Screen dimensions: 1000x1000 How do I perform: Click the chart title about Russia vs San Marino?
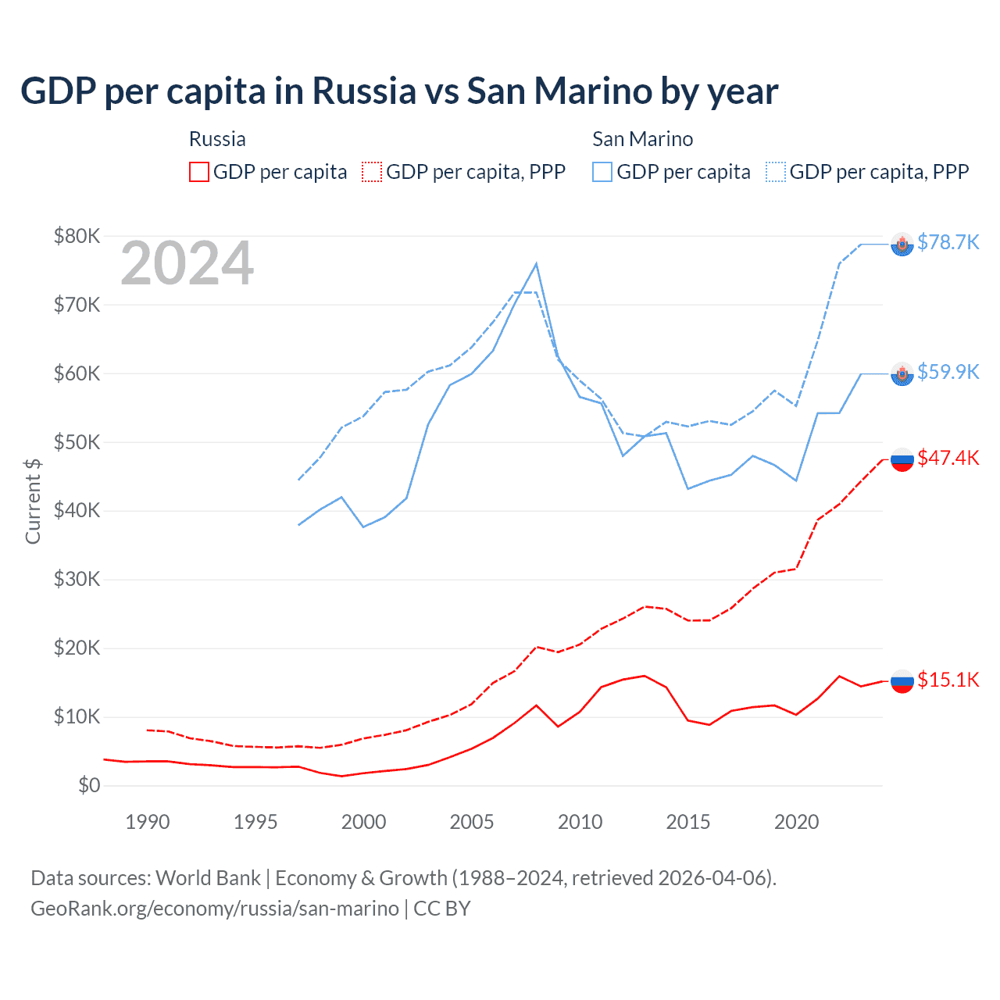(399, 91)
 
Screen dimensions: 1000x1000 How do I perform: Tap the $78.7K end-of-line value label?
(948, 242)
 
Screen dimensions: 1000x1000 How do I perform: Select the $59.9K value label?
(948, 372)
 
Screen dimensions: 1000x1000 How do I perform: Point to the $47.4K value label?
(948, 458)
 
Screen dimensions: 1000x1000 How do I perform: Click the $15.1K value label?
(948, 680)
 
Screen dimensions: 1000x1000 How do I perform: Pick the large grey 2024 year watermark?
(187, 264)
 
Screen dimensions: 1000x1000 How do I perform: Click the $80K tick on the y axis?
(77, 236)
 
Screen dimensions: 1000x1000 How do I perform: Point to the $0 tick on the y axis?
(89, 785)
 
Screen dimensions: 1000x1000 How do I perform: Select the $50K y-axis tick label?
(77, 442)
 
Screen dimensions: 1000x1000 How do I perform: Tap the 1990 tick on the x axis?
(148, 822)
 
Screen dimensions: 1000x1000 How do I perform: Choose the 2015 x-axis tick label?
(687, 822)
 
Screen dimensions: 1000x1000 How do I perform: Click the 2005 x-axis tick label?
(471, 822)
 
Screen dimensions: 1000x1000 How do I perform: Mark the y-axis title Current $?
(33, 501)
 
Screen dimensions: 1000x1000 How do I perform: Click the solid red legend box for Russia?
(199, 172)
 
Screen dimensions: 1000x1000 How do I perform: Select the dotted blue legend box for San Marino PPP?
(776, 172)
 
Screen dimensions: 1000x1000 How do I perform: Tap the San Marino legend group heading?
(642, 139)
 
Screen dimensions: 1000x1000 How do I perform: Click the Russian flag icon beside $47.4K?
(902, 459)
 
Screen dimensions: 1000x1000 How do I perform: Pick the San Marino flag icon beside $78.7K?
(902, 245)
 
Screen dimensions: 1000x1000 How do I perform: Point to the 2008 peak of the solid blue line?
(536, 264)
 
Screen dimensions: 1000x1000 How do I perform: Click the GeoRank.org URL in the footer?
(215, 909)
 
